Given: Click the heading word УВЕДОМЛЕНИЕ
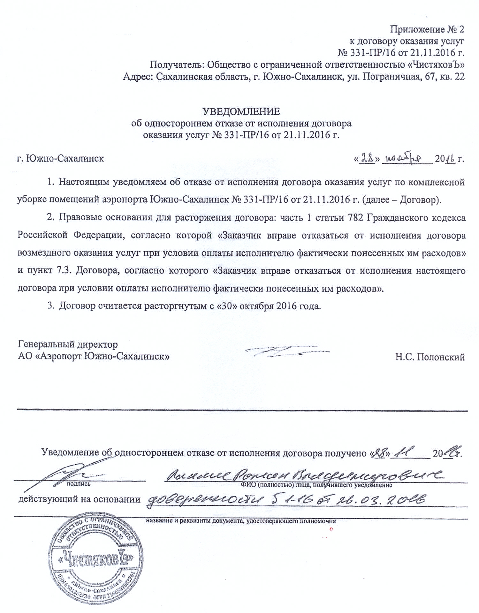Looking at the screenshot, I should pos(241,111).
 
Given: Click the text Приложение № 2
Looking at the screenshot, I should pos(427,29).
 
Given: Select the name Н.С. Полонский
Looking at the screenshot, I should pos(430,357).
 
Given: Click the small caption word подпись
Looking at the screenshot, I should pos(78,484).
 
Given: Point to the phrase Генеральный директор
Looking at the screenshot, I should pos(68,344).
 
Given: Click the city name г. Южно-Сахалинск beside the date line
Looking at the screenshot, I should pos(60,158).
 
